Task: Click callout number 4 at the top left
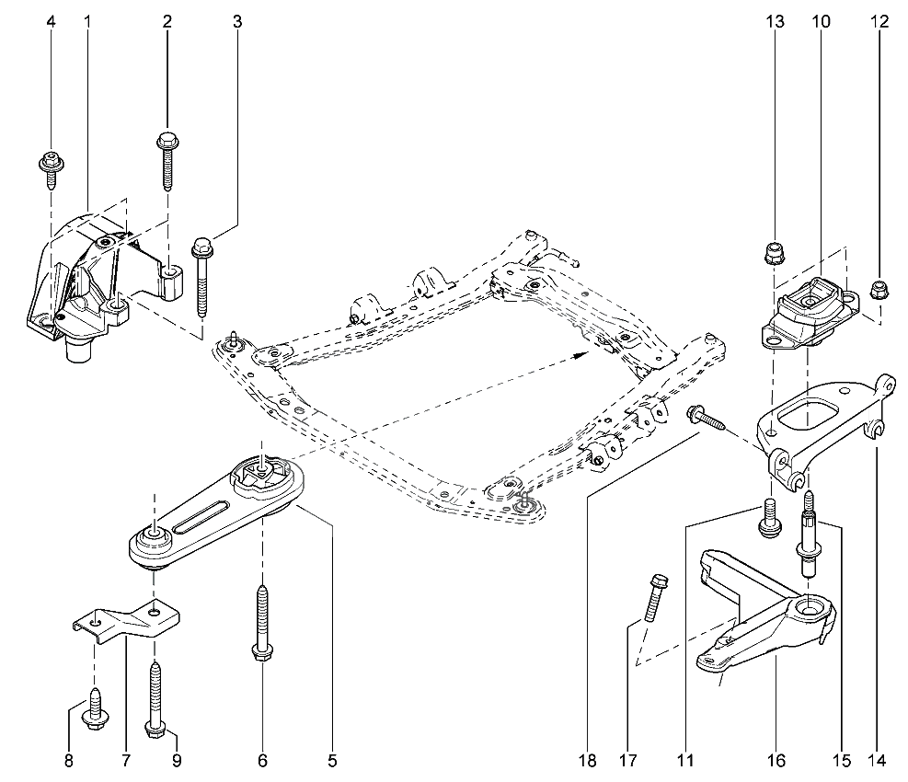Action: click(x=51, y=21)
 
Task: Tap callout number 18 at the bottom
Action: click(x=588, y=761)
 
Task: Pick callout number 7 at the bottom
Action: click(x=125, y=761)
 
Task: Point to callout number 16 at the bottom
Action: click(x=776, y=761)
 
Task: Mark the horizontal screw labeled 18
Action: click(x=708, y=419)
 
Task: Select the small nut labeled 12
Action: click(x=878, y=293)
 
